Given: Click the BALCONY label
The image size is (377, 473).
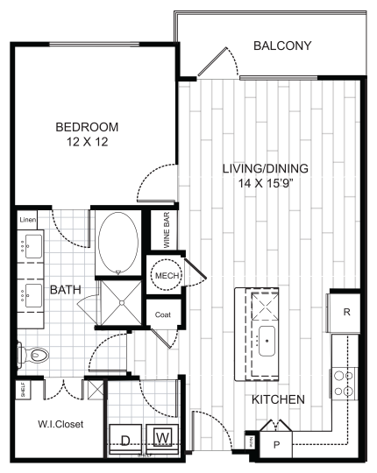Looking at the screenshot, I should (282, 46).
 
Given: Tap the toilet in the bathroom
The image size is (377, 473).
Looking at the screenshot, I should (34, 355).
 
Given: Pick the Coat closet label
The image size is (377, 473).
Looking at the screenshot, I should (163, 314).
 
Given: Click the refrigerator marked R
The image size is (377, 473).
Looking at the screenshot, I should (346, 313).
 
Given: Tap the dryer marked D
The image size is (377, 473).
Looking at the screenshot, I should (125, 438).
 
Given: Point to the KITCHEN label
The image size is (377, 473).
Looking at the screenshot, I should (278, 400).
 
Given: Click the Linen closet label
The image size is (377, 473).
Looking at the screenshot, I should (27, 221).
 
